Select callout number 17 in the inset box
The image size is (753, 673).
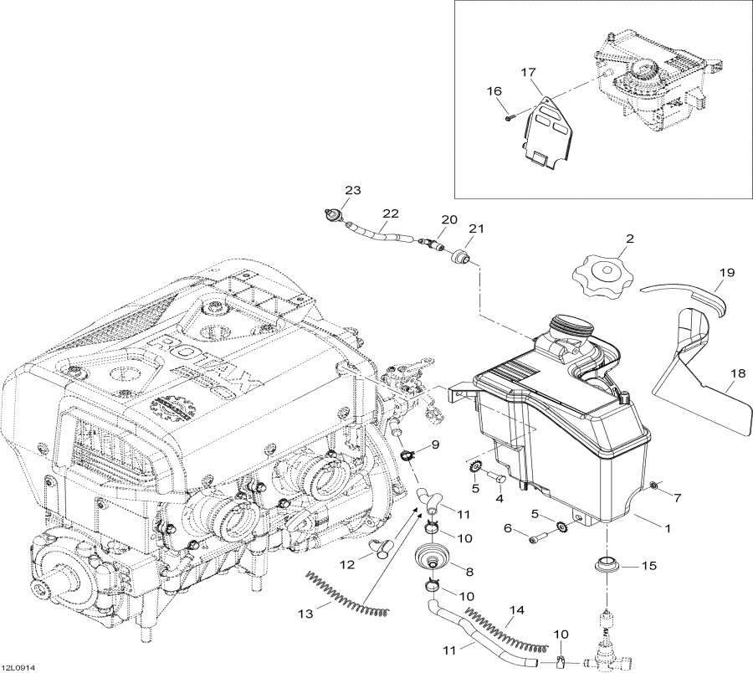click(x=528, y=73)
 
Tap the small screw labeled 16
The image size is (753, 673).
click(x=508, y=119)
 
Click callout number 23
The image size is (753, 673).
click(x=353, y=191)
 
